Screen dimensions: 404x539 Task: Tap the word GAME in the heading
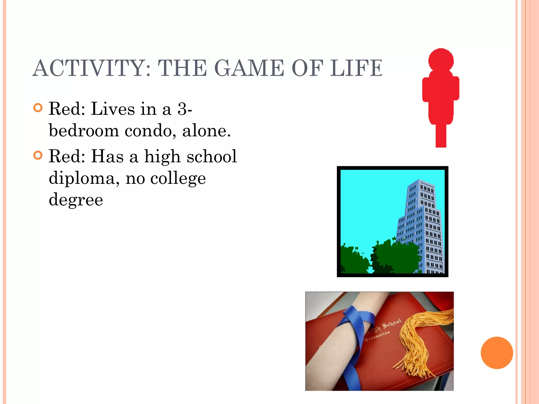pos(249,68)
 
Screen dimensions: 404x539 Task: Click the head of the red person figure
pos(441,60)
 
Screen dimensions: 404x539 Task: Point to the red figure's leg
pos(441,135)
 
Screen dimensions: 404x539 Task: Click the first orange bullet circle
pos(38,108)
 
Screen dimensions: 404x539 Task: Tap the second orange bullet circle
pos(38,155)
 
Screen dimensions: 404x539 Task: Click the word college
pos(178,179)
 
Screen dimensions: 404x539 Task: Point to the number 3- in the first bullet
pos(185,109)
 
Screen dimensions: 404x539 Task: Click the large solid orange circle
pos(497,353)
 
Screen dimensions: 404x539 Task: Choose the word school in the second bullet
pos(212,156)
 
